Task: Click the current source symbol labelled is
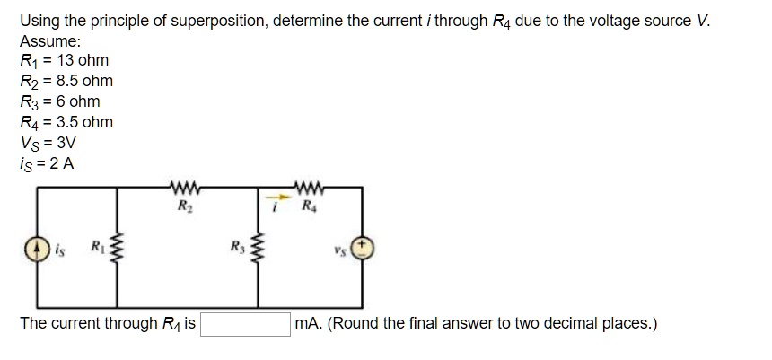point(39,249)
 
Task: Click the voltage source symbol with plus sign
point(363,249)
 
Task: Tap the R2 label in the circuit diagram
point(181,206)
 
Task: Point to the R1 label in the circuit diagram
point(92,247)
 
